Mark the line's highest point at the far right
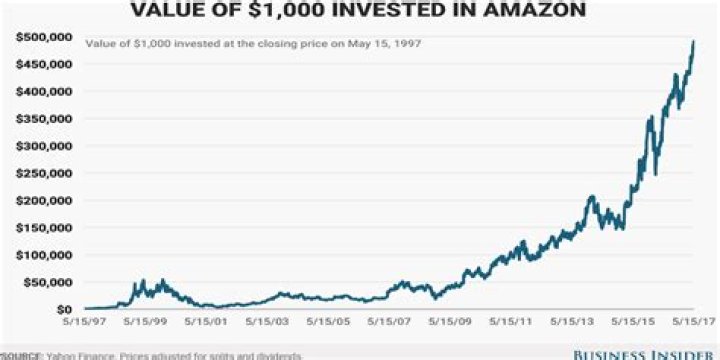pos(694,41)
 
